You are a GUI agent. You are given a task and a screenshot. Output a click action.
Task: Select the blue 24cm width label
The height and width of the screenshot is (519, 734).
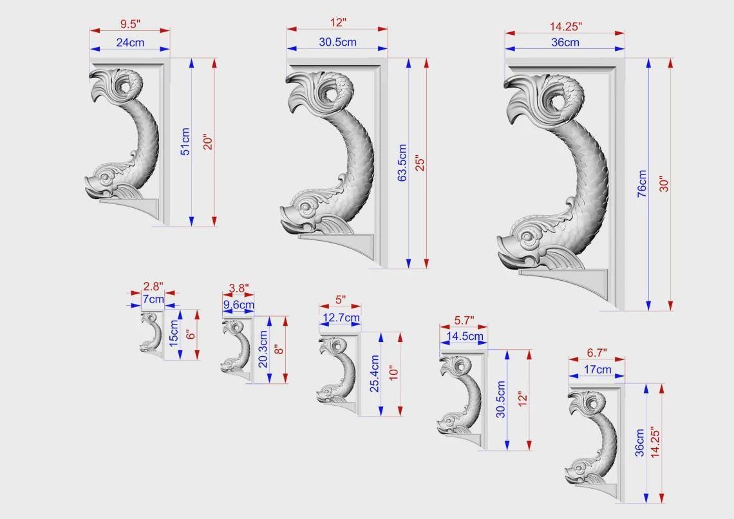click(130, 42)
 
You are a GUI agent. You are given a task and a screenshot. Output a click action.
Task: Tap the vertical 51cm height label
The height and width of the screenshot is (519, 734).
click(186, 141)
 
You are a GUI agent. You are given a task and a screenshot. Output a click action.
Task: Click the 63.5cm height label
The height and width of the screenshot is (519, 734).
click(402, 162)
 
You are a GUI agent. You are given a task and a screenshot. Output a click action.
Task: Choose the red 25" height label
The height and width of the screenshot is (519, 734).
click(420, 163)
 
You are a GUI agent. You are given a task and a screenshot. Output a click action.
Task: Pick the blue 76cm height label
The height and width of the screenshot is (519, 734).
click(642, 184)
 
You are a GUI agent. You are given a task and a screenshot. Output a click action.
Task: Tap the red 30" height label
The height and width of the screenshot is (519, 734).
click(664, 184)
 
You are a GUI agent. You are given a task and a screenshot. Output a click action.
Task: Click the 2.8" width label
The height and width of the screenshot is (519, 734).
click(153, 286)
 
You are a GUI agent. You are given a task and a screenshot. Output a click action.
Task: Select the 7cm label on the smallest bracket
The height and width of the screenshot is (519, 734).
click(153, 299)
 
